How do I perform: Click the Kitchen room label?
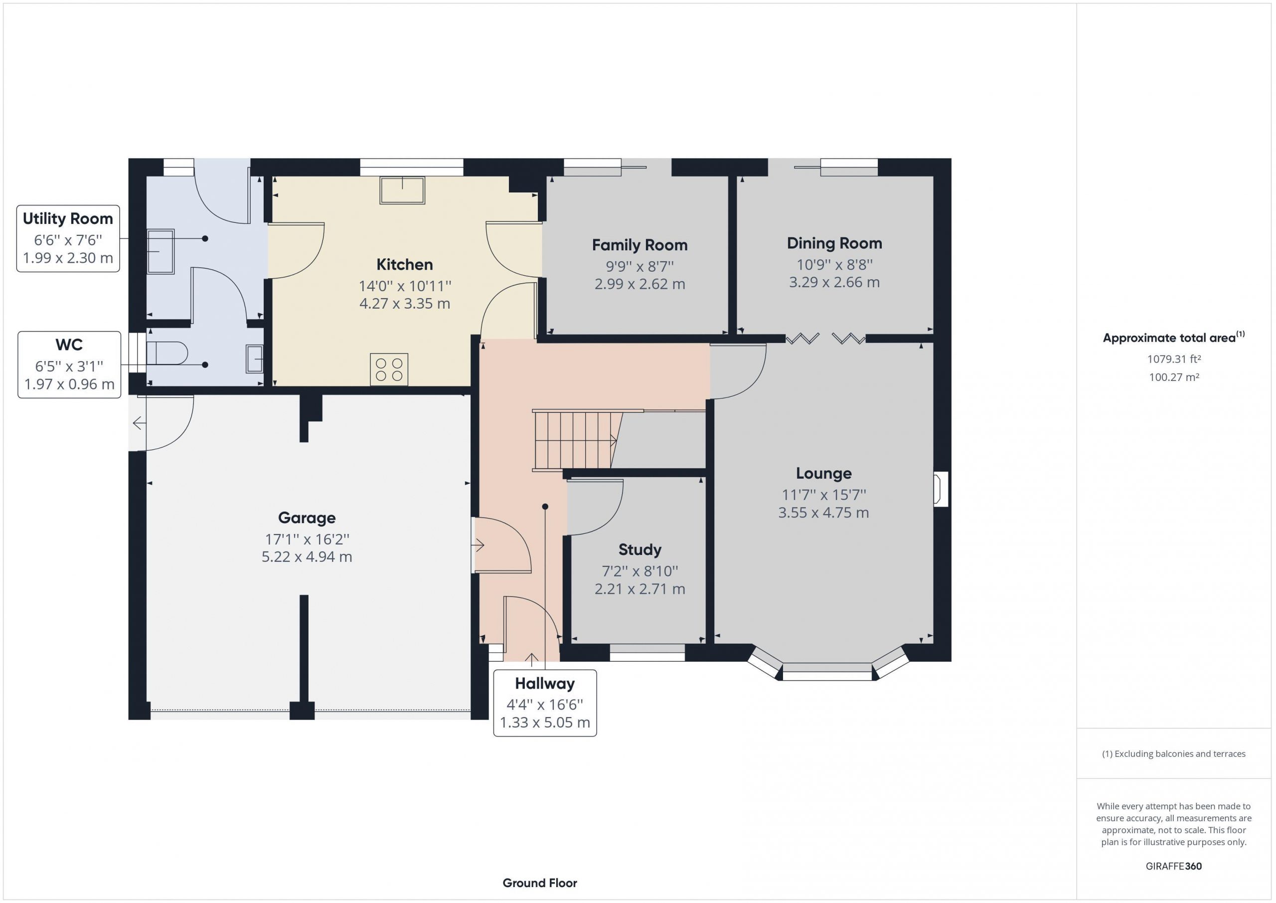click(x=404, y=264)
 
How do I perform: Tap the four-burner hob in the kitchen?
click(x=389, y=369)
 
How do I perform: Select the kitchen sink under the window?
click(x=402, y=190)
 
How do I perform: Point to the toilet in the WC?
click(x=166, y=353)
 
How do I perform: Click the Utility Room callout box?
click(x=68, y=238)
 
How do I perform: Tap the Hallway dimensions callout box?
click(x=545, y=703)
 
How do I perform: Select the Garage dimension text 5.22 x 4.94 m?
click(x=307, y=556)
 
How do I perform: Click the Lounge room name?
click(x=823, y=473)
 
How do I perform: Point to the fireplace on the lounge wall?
click(x=941, y=489)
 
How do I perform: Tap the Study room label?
click(x=639, y=550)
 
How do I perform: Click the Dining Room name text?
click(x=834, y=243)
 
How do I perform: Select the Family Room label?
click(x=639, y=245)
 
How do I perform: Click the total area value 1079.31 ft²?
click(x=1174, y=359)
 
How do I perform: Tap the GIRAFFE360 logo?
click(x=1174, y=866)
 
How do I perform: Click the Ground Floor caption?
click(x=540, y=883)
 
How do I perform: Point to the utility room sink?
click(x=160, y=251)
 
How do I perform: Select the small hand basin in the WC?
click(x=255, y=359)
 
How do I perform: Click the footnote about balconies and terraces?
click(x=1174, y=753)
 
